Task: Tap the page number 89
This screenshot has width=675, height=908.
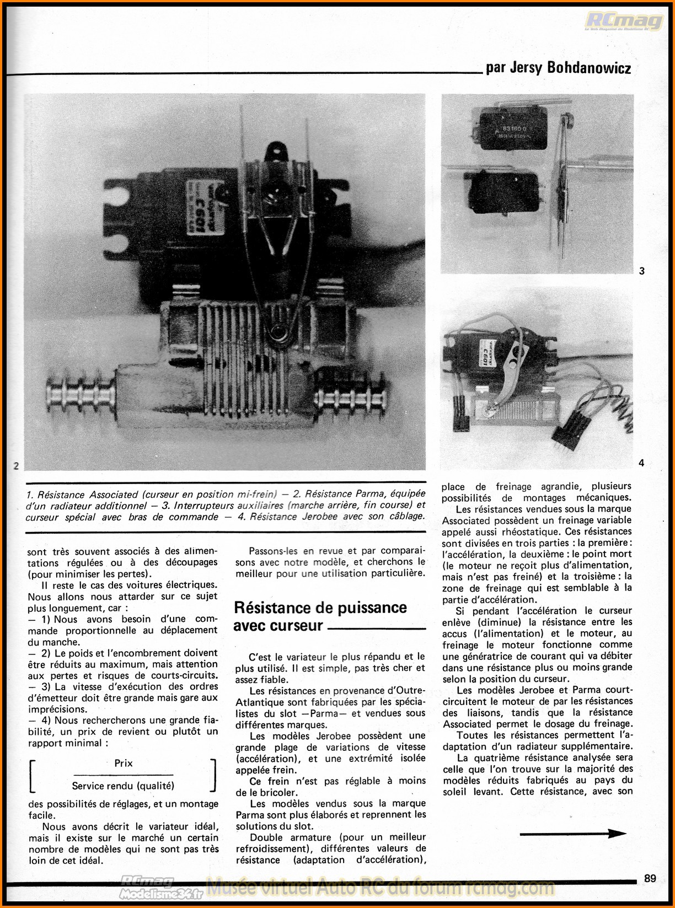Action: pyautogui.click(x=650, y=878)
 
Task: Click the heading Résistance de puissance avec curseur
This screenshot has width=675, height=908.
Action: pyautogui.click(x=320, y=616)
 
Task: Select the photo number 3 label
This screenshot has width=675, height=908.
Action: pyautogui.click(x=642, y=271)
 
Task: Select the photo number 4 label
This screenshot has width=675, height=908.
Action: pyautogui.click(x=641, y=463)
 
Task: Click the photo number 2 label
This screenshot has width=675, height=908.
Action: pyautogui.click(x=16, y=465)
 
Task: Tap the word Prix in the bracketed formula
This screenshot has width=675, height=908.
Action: pyautogui.click(x=124, y=763)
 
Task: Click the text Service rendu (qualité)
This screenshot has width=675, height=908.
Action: pyautogui.click(x=123, y=786)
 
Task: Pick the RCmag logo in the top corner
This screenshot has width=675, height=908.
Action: pyautogui.click(x=624, y=22)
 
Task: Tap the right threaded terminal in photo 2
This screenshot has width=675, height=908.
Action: pyautogui.click(x=351, y=398)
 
